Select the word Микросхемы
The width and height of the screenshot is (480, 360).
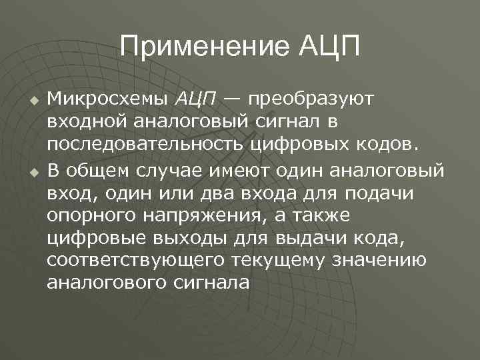point(108,99)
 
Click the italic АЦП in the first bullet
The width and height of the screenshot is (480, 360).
point(196,99)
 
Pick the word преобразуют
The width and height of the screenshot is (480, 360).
point(312,101)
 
